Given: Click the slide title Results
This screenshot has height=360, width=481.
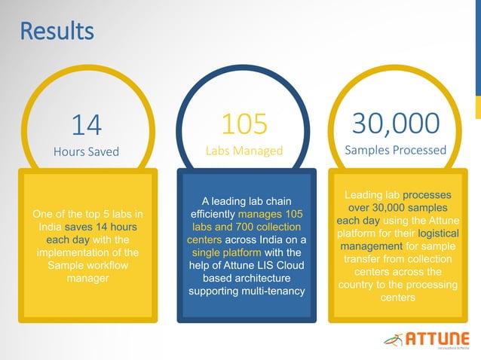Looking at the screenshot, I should pos(57,32).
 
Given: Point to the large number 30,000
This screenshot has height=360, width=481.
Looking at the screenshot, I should pos(396,122).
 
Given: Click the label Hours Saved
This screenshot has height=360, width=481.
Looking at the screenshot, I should pos(86,151).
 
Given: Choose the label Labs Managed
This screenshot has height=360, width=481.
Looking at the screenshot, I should pos(244,151).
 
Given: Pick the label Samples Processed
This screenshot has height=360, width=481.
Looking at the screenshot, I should pos(396,150).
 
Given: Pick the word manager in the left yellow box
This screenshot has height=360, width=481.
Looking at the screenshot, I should pos(87,278).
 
